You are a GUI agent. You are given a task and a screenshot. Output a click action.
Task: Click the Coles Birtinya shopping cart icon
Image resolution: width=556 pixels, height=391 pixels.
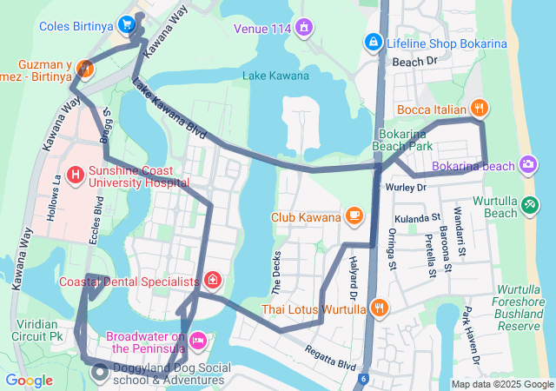(127, 24)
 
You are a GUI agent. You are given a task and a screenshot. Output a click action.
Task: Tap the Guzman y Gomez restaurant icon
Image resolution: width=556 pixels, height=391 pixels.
(84, 68)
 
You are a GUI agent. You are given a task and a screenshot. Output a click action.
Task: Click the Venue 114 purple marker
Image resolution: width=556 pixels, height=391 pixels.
(303, 29)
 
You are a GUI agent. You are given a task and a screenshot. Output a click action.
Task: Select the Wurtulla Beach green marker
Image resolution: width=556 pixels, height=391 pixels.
(531, 205)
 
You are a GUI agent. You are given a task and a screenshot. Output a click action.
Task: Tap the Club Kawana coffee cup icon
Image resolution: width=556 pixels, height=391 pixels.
(354, 215)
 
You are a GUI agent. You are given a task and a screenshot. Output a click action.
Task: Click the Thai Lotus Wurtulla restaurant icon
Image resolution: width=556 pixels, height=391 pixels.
(380, 308)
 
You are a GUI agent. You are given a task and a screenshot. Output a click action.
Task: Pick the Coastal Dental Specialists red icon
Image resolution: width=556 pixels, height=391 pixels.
(213, 281)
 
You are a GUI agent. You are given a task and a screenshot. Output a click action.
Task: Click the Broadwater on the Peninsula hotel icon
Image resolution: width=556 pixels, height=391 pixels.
(198, 339)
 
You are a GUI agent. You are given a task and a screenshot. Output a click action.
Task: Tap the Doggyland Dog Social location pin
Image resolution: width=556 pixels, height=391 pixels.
(101, 374)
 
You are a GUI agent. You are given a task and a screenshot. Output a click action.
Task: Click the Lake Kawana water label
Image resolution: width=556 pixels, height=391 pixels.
(275, 76)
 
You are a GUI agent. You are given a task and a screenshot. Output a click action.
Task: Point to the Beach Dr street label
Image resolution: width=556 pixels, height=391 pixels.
(414, 62)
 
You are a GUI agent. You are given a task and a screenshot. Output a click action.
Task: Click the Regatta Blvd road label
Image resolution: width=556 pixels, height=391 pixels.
(330, 354)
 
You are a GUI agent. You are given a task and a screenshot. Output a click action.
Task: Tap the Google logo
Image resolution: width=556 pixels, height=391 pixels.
(29, 380)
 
